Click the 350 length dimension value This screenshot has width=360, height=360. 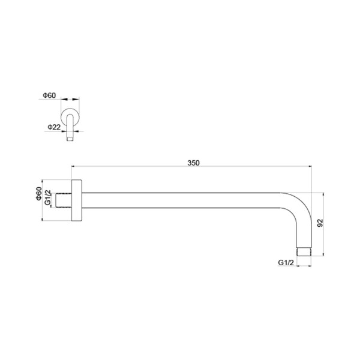[x=193, y=163]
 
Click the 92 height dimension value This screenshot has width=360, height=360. [x=320, y=223]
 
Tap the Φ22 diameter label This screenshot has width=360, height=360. [x=54, y=127]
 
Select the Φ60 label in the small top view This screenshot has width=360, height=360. [x=49, y=95]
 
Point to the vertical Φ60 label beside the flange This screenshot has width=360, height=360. [x=39, y=194]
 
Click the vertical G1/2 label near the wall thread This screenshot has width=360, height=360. [x=47, y=197]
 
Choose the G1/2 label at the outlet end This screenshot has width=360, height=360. [x=286, y=262]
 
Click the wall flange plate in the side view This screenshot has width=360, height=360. [x=77, y=200]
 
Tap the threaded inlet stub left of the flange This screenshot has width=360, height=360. [x=64, y=200]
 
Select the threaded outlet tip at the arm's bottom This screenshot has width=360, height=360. [x=304, y=251]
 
